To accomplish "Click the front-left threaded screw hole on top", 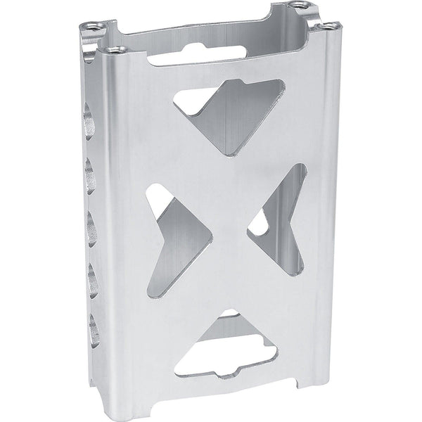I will (x=114, y=49).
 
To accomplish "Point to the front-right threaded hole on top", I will (x=327, y=27).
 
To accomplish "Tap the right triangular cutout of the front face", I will (x=281, y=218).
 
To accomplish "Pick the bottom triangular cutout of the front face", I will (x=225, y=345).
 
